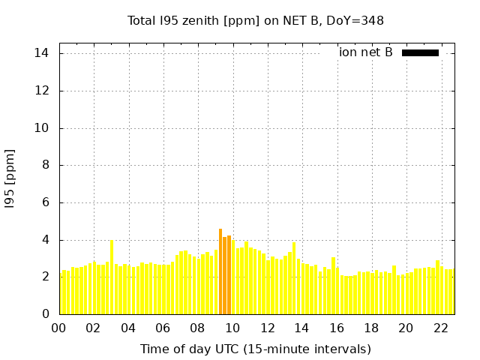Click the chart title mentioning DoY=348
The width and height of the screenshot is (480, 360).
(x=256, y=21)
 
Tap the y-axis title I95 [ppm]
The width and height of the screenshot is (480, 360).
(x=10, y=178)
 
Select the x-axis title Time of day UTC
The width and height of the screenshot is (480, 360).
(x=256, y=349)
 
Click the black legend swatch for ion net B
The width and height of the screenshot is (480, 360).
(x=420, y=52)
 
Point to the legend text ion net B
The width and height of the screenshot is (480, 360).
(x=366, y=52)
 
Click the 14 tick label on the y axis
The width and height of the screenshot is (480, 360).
(x=42, y=53)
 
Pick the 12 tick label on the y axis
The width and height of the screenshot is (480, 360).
(x=42, y=91)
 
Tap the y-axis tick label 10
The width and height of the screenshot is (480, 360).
(x=42, y=128)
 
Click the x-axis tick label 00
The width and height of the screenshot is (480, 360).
(x=58, y=328)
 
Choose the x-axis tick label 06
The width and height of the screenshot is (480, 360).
(x=163, y=328)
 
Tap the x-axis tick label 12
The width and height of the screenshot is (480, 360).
(x=267, y=328)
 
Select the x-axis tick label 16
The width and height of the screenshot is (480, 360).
(x=336, y=328)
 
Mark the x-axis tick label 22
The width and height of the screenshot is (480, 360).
(x=440, y=328)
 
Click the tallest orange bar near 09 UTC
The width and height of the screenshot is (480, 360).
(x=220, y=271)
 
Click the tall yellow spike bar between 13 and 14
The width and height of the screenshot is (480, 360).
(x=294, y=278)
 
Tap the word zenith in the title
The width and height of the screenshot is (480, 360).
(x=205, y=21)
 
